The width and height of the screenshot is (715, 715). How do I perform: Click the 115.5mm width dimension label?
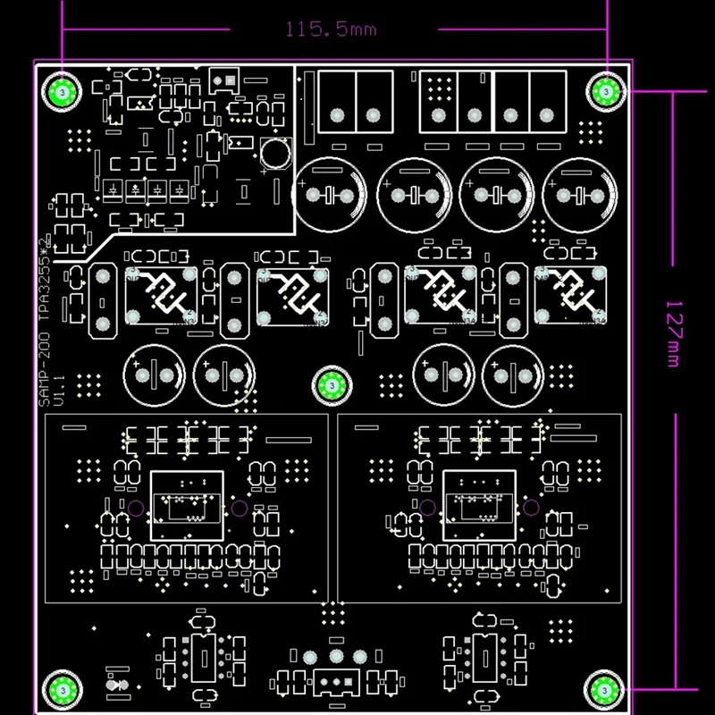(331, 29)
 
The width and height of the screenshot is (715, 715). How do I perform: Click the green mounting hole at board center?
(332, 385)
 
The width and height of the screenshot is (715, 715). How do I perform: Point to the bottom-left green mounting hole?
(63, 688)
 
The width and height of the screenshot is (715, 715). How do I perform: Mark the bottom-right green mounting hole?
(605, 688)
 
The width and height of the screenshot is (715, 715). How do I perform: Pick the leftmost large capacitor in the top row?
(331, 195)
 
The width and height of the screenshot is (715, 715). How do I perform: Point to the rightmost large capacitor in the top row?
(577, 195)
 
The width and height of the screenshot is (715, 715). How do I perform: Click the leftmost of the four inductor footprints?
(162, 296)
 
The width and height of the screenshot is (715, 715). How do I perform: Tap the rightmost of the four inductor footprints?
(571, 296)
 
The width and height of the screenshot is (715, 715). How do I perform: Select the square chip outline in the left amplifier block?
(187, 504)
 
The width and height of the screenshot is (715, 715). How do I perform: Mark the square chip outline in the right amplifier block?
(479, 504)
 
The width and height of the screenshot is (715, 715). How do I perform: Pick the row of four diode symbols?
(146, 190)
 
